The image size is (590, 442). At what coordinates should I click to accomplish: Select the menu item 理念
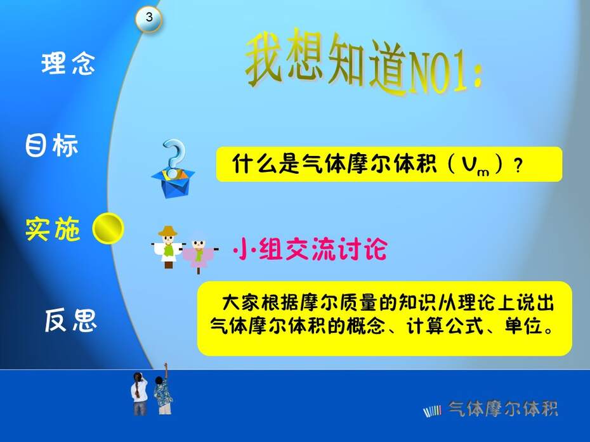coord(68,63)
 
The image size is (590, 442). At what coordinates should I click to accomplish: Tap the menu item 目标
coord(52,145)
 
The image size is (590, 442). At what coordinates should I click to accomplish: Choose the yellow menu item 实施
coord(53,229)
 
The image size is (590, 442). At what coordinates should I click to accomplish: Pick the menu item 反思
coord(71,320)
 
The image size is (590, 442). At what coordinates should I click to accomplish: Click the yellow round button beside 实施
coord(108,228)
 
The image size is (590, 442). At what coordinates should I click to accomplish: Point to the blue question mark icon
coord(174,158)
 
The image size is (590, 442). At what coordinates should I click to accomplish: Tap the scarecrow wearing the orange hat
coord(168,247)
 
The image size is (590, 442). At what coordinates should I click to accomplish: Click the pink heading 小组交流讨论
coord(310,249)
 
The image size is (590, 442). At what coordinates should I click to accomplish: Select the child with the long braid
coord(139,393)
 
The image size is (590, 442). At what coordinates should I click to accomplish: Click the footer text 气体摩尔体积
coord(502,409)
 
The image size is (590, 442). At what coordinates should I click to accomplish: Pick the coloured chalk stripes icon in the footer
coord(432,412)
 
